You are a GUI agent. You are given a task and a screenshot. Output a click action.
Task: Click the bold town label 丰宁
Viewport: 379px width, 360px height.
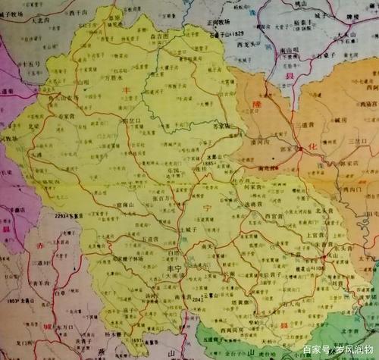coord(165,269)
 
